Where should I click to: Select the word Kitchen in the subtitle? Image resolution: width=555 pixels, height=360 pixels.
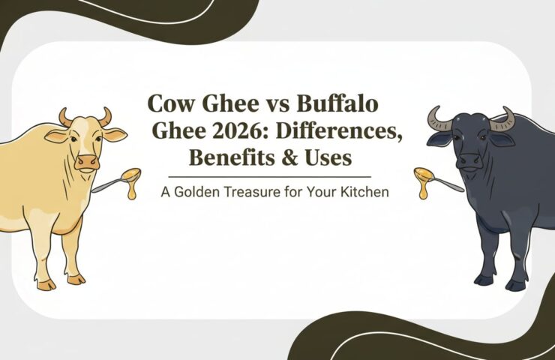point(365,191)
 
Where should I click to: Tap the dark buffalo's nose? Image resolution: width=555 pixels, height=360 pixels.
point(469,160)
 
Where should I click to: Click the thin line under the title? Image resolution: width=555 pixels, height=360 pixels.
point(277,177)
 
